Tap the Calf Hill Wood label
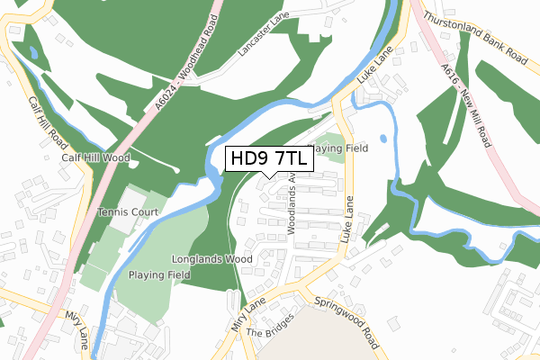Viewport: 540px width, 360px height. [x=95, y=157]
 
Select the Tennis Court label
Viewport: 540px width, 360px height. [x=128, y=212]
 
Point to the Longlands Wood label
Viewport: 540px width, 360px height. [x=212, y=259]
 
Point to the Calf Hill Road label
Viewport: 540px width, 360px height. [x=47, y=121]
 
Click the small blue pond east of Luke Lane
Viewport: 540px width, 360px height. [x=383, y=139]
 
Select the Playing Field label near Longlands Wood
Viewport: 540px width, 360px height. [x=158, y=274]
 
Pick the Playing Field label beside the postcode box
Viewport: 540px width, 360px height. [x=338, y=148]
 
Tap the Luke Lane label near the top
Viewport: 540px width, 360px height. [x=376, y=68]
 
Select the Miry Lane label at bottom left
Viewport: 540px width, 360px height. [x=76, y=328]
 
